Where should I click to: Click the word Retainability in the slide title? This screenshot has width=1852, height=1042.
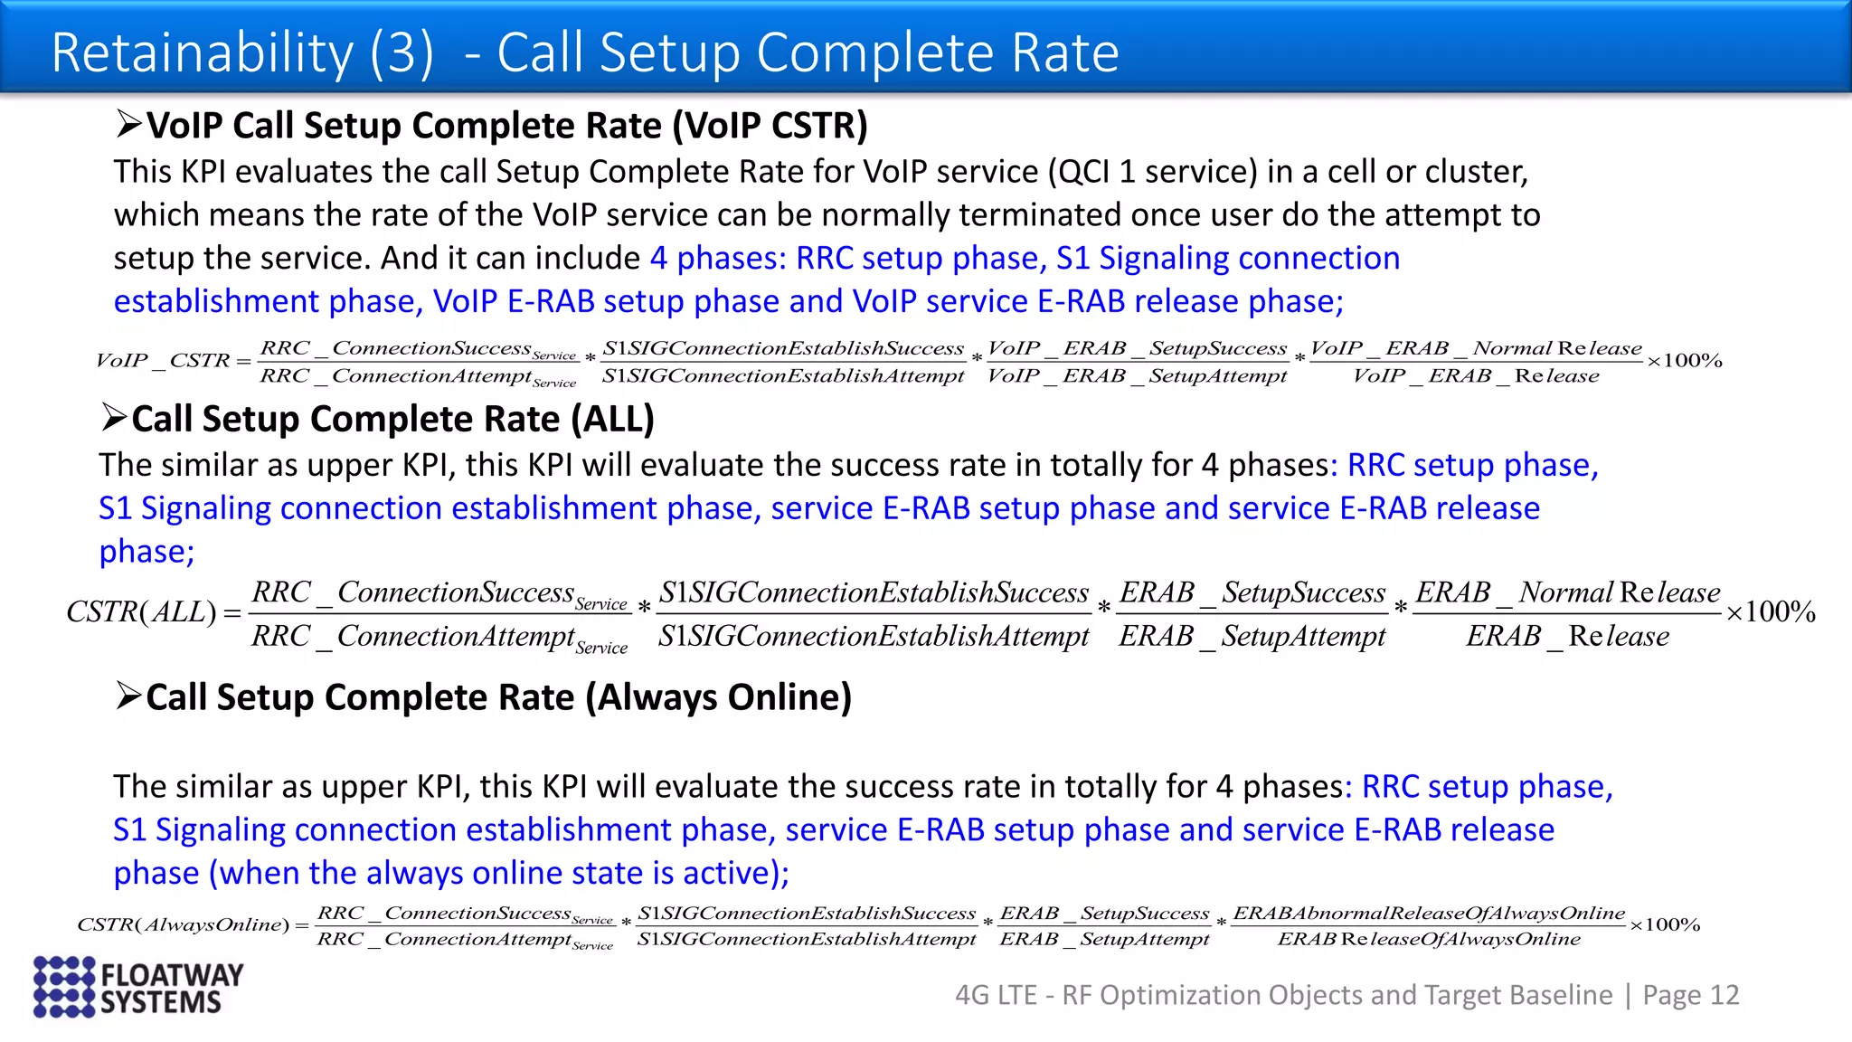202,52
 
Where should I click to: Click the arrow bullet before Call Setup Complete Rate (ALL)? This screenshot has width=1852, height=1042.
114,417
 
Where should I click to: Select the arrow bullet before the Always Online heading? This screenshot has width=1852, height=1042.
129,696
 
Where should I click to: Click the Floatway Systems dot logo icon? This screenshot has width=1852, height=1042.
63,987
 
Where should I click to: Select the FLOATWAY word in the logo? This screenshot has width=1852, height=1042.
172,974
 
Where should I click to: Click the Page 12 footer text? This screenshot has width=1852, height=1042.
1690,995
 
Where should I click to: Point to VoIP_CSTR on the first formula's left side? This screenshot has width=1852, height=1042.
163,361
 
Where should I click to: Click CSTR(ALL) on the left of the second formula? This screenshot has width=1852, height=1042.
141,612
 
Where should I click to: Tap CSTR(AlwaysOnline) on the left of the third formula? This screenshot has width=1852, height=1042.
183,924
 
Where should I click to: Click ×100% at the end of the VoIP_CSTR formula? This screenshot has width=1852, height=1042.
1684,361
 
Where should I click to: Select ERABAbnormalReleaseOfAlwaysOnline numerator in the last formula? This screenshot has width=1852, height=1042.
1428,913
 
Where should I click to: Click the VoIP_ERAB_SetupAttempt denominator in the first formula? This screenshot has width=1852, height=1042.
1137,376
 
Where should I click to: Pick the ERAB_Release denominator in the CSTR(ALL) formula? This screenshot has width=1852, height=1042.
1567,636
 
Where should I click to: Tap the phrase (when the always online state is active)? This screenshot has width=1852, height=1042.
499,873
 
